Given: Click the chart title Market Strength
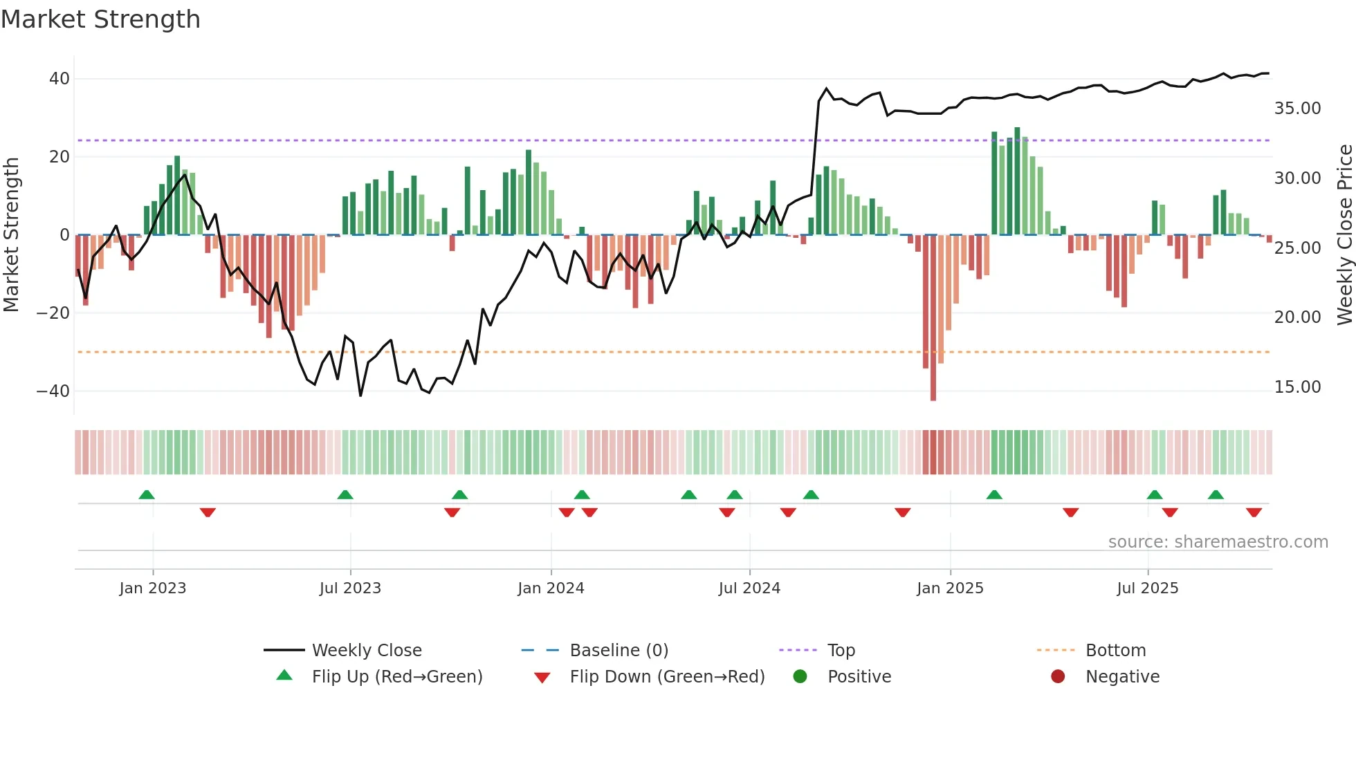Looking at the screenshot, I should coord(100,19).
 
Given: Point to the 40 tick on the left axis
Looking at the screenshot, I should coord(59,79).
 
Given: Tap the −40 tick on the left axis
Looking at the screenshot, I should coord(53,391).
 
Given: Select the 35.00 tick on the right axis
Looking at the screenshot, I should coord(1297,109).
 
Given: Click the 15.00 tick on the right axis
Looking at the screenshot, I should coord(1297,387).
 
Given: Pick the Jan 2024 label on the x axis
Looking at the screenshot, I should coord(551,588).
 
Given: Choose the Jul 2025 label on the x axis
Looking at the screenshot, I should coord(1147,588).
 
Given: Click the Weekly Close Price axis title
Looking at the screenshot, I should coord(1344,235).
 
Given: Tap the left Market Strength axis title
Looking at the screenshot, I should coord(12,235).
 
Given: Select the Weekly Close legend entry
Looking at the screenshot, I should coord(366,651).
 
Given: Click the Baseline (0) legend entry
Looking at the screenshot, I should coord(619,651).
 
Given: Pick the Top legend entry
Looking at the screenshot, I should coord(841,651).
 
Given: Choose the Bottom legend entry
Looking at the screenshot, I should coord(1115,651).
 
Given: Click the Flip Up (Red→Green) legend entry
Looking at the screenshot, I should coord(396,677).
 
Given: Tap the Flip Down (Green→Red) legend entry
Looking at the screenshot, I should coord(667,677).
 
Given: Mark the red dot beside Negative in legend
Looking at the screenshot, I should coord(1057,677).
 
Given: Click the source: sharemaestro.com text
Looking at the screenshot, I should coord(1218,542).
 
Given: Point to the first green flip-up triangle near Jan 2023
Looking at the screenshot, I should coord(147,495).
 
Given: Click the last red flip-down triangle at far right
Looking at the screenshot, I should coord(1254,512).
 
